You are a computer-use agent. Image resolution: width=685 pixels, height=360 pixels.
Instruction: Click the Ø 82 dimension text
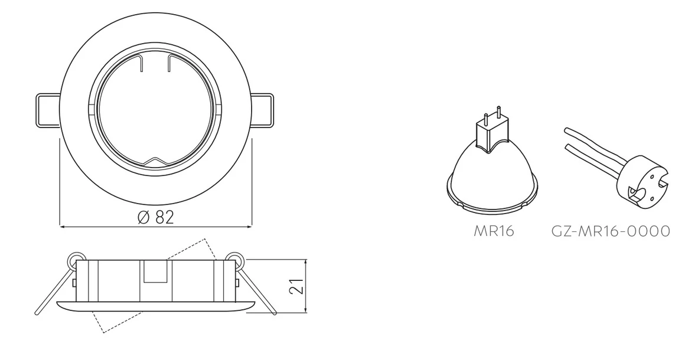click(x=155, y=217)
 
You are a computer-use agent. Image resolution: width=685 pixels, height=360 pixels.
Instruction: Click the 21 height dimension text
click(x=298, y=286)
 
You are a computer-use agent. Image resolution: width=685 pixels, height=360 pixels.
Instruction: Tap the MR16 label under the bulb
click(x=494, y=231)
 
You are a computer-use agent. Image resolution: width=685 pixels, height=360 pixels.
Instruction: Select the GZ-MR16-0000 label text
click(x=611, y=231)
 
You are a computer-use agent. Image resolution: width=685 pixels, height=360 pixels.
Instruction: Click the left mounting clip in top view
click(x=47, y=110)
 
